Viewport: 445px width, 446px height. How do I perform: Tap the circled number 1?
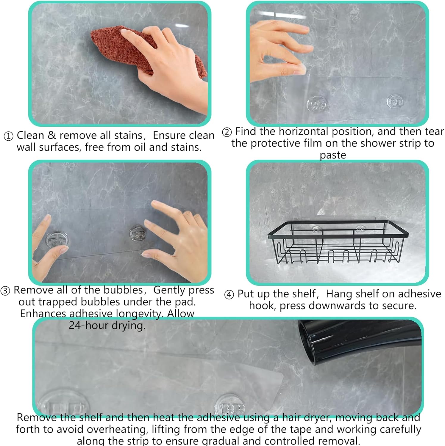(x=8, y=136)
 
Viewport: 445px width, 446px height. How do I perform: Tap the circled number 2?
(x=227, y=132)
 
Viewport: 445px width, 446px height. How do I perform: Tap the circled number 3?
(x=5, y=290)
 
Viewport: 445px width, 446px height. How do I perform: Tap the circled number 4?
(x=229, y=295)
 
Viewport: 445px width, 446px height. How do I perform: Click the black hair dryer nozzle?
(x=357, y=340)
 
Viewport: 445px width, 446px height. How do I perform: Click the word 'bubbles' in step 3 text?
(x=123, y=290)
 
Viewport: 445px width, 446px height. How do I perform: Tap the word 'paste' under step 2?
(x=333, y=155)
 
